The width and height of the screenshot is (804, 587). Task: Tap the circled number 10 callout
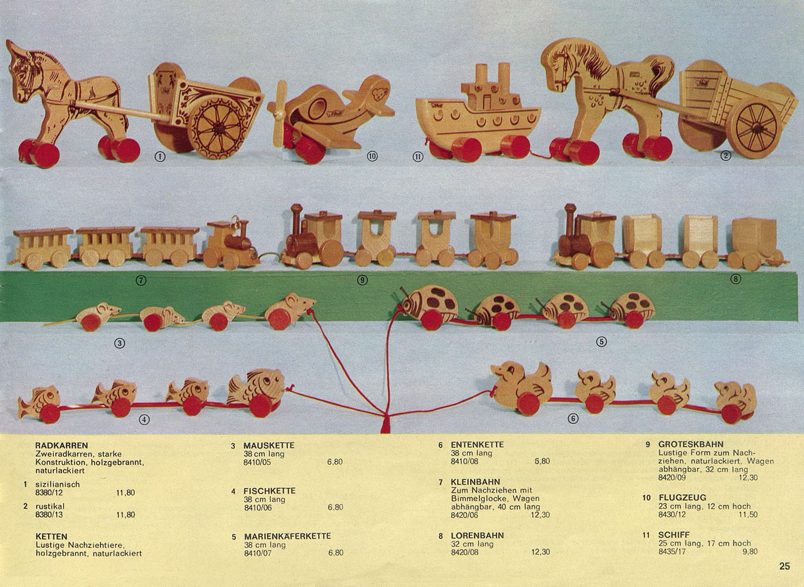371,156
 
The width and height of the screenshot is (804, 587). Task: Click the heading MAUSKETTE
269,446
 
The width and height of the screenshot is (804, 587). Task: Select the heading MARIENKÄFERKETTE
287,536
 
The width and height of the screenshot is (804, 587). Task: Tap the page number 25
785,566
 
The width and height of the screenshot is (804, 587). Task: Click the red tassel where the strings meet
386,425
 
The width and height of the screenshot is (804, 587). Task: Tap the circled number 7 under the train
141,280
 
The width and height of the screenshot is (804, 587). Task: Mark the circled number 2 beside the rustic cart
725,156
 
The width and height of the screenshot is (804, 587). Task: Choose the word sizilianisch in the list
58,484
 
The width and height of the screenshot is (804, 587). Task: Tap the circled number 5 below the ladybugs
601,342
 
